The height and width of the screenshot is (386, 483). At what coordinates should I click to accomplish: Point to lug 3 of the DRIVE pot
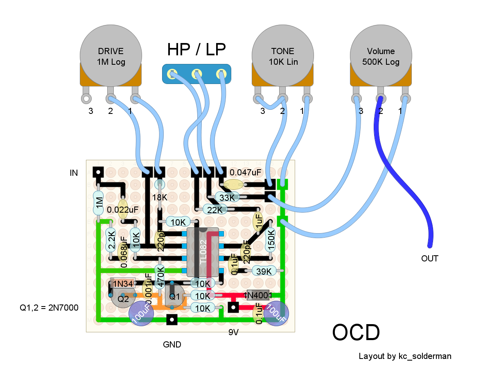point(86,99)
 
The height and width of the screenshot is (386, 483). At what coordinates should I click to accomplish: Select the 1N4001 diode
point(258,295)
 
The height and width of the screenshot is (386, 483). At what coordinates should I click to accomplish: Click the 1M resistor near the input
point(98,203)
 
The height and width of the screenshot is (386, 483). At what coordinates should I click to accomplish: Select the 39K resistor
point(264,271)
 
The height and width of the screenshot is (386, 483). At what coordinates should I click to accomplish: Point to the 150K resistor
point(271,239)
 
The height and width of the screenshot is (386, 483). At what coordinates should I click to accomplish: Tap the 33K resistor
point(227,197)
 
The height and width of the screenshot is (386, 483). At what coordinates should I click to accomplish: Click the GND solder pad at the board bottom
point(172,320)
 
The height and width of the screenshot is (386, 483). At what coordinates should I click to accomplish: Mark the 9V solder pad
point(233,307)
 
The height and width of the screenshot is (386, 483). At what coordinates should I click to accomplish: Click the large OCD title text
point(356,332)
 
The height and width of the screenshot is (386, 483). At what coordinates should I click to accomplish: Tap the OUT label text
point(429,259)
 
